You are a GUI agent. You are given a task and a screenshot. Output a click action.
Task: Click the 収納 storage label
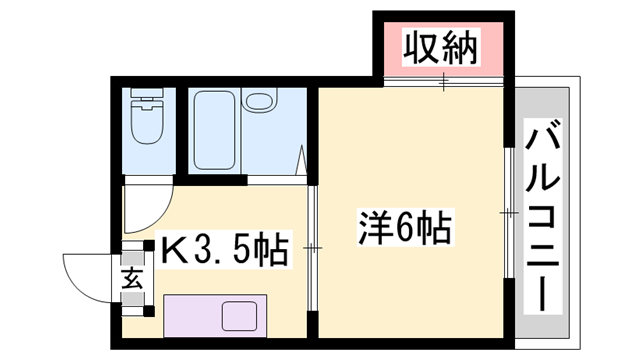coord(440,48)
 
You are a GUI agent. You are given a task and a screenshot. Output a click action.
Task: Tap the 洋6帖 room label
coord(405,228)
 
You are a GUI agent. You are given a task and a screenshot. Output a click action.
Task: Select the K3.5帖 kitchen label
coord(224,249)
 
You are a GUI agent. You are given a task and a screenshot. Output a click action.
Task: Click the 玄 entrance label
coord(133,279)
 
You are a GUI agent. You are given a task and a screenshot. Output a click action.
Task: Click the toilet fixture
coord(147,116)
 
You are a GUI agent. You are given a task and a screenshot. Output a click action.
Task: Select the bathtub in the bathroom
coord(214,130)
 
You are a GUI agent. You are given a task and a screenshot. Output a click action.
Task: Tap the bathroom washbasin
coord(259,100)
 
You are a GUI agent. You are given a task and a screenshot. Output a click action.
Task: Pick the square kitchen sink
coord(240,316)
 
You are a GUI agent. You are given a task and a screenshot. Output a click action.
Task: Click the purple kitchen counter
coord(215,316)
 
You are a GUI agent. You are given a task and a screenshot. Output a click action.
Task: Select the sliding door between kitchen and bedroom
coord(313,248)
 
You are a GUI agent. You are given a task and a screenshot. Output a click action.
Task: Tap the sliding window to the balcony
coord(509,213)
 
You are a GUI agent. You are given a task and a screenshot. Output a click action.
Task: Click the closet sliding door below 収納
coord(443,82)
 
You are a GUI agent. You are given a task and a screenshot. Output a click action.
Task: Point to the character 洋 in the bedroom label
coord(373,228)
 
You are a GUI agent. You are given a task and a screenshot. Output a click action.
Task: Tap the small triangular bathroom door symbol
coord(301,160)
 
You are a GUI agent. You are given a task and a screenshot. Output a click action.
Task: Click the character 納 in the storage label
coord(460,48)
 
